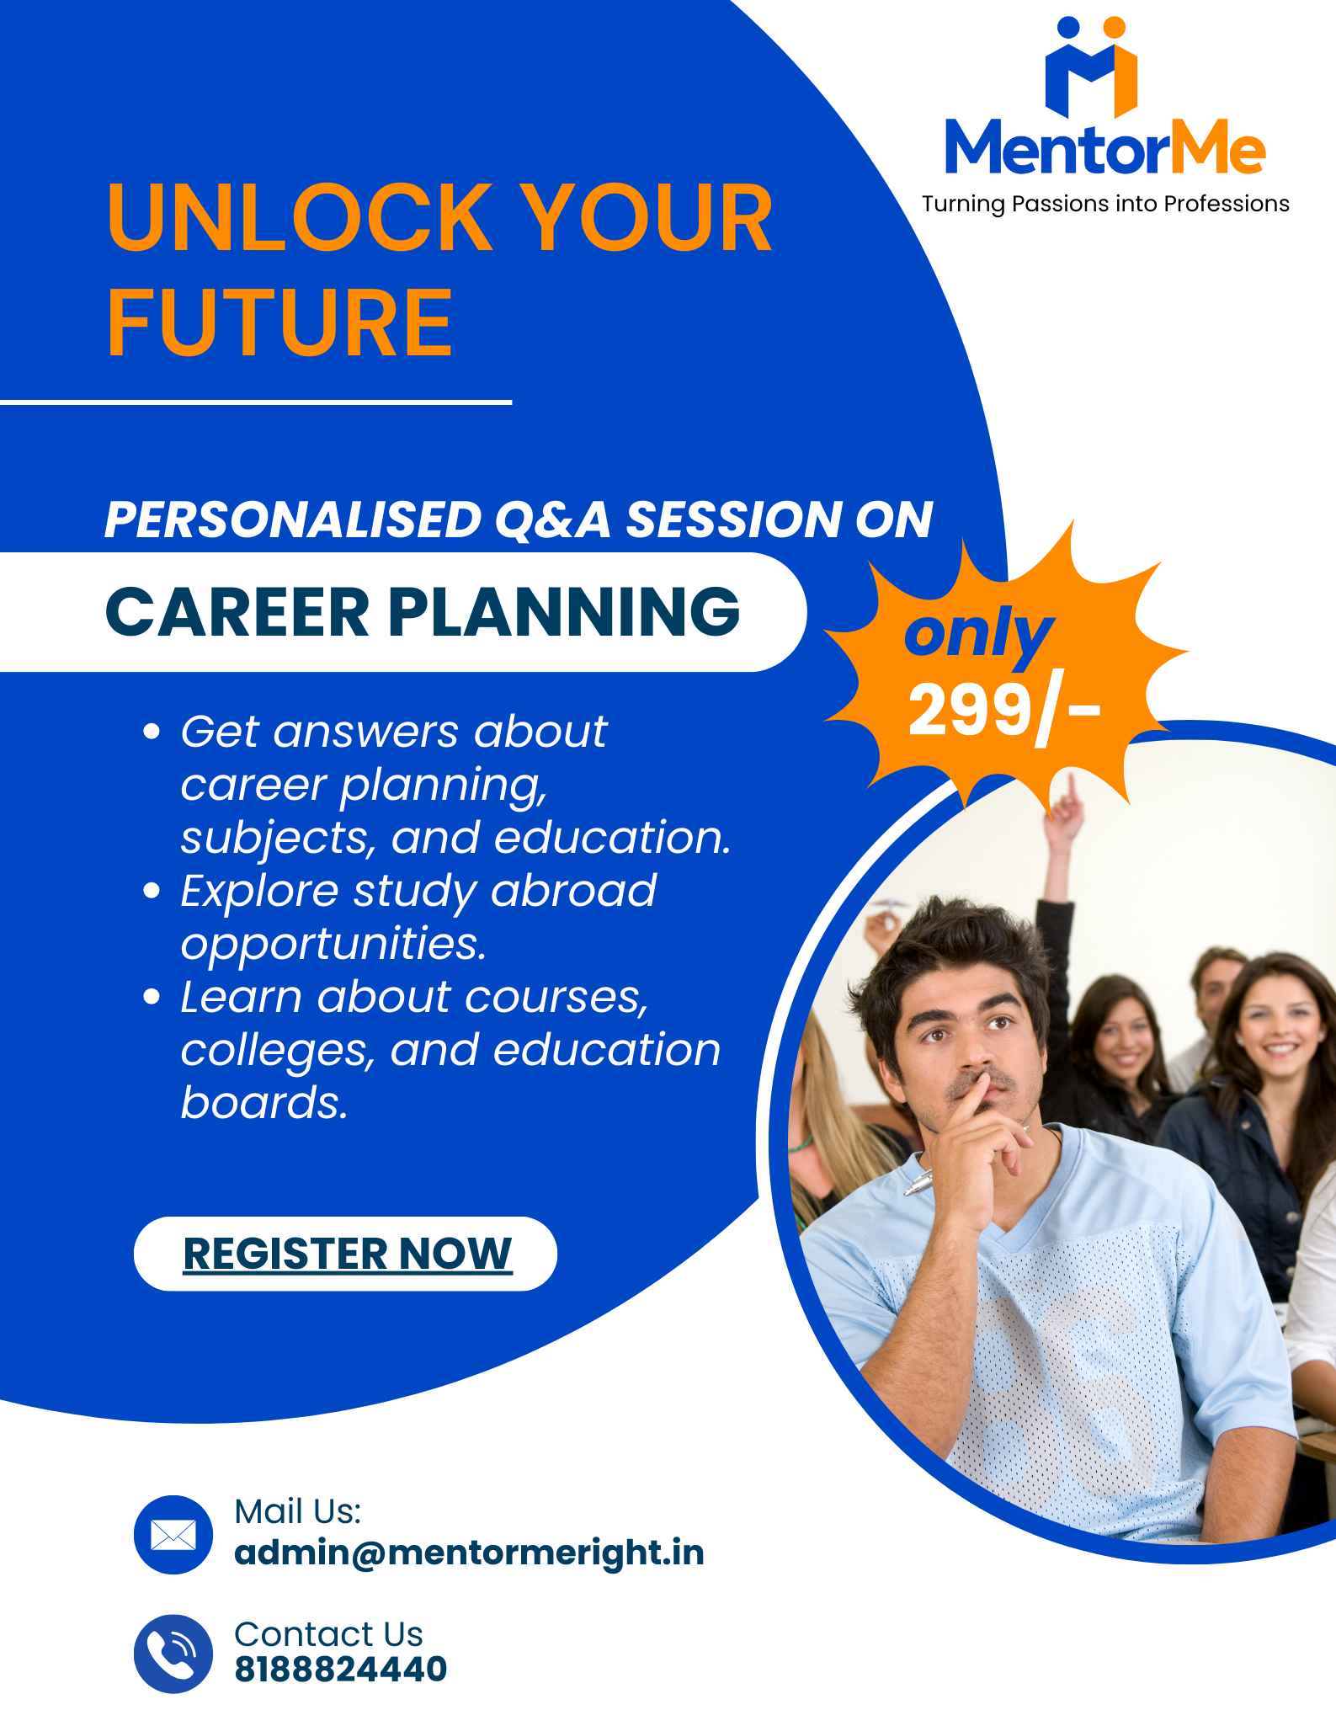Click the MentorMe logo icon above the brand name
click(1091, 67)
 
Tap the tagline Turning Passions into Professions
click(1104, 204)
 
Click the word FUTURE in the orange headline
click(279, 322)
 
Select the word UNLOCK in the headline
click(299, 218)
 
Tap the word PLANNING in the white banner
click(563, 612)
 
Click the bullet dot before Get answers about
click(152, 731)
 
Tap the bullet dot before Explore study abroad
click(152, 891)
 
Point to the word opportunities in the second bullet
click(333, 944)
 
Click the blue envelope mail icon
click(173, 1534)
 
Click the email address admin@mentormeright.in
click(469, 1553)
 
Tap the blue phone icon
click(173, 1654)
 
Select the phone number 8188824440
click(340, 1669)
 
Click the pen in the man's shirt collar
click(919, 1181)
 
